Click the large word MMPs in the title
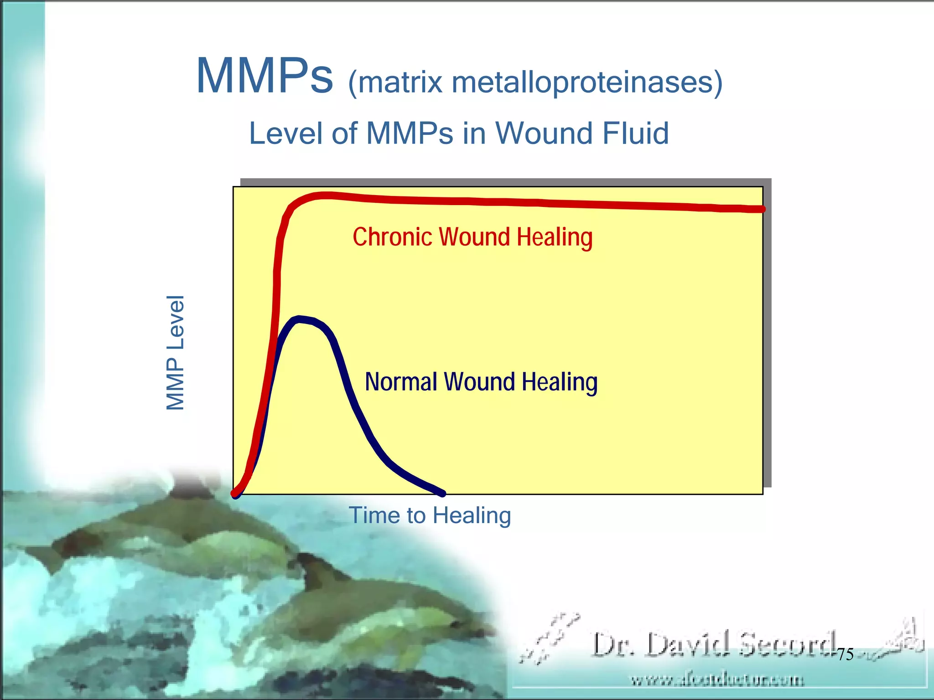tap(265, 77)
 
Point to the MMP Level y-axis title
tap(175, 352)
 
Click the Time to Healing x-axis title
tap(430, 515)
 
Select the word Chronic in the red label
tap(392, 237)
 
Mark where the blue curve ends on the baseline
tap(441, 493)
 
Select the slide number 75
tap(845, 654)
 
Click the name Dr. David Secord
tap(714, 644)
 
